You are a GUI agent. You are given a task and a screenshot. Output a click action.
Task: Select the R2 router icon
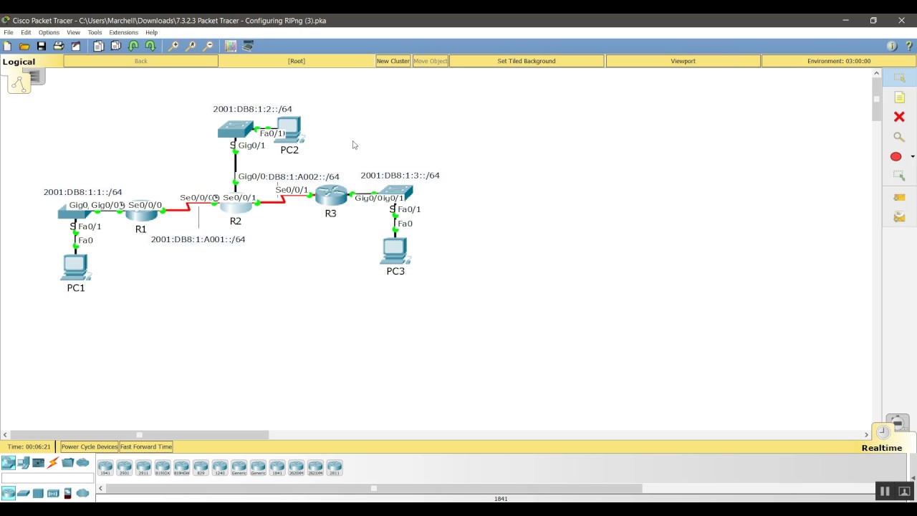pyautogui.click(x=236, y=206)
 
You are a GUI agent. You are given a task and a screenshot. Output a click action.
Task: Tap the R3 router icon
pyautogui.click(x=331, y=195)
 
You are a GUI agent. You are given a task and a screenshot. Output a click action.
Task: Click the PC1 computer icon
pyautogui.click(x=75, y=267)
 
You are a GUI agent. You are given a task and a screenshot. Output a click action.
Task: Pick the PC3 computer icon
pyautogui.click(x=395, y=251)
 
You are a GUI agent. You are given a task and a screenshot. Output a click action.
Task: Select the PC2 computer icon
pyautogui.click(x=290, y=131)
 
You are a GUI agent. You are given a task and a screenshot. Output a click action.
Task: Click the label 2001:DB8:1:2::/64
pyautogui.click(x=252, y=109)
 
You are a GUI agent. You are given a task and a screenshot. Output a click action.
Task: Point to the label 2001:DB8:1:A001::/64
pyautogui.click(x=198, y=239)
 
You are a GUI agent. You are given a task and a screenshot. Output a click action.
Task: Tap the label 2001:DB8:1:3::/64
pyautogui.click(x=400, y=176)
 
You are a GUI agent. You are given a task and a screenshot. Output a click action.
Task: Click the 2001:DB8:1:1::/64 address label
pyautogui.click(x=82, y=192)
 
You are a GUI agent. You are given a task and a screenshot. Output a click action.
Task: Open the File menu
pyautogui.click(x=9, y=32)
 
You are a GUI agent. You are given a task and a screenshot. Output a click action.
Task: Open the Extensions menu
pyautogui.click(x=123, y=32)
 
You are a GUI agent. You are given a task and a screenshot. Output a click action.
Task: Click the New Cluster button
pyautogui.click(x=393, y=61)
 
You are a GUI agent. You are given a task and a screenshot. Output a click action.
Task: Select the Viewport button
pyautogui.click(x=683, y=61)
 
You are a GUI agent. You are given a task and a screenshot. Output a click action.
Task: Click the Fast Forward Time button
pyautogui.click(x=146, y=446)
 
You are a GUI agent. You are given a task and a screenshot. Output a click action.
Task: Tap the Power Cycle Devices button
pyautogui.click(x=90, y=446)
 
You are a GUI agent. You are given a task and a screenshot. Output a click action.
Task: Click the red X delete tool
pyautogui.click(x=899, y=117)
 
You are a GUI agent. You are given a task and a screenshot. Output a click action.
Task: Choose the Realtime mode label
pyautogui.click(x=881, y=448)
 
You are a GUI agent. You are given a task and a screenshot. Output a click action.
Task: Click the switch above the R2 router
pyautogui.click(x=235, y=129)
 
